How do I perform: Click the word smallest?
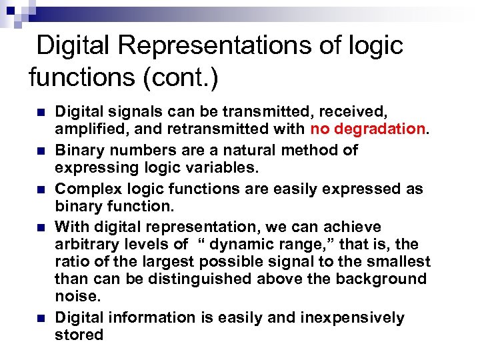pyautogui.click(x=397, y=262)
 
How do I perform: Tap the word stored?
pyautogui.click(x=79, y=335)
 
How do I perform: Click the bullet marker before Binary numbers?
pyautogui.click(x=42, y=150)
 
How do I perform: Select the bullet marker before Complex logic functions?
pyautogui.click(x=42, y=189)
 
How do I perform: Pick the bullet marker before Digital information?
pyautogui.click(x=42, y=318)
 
